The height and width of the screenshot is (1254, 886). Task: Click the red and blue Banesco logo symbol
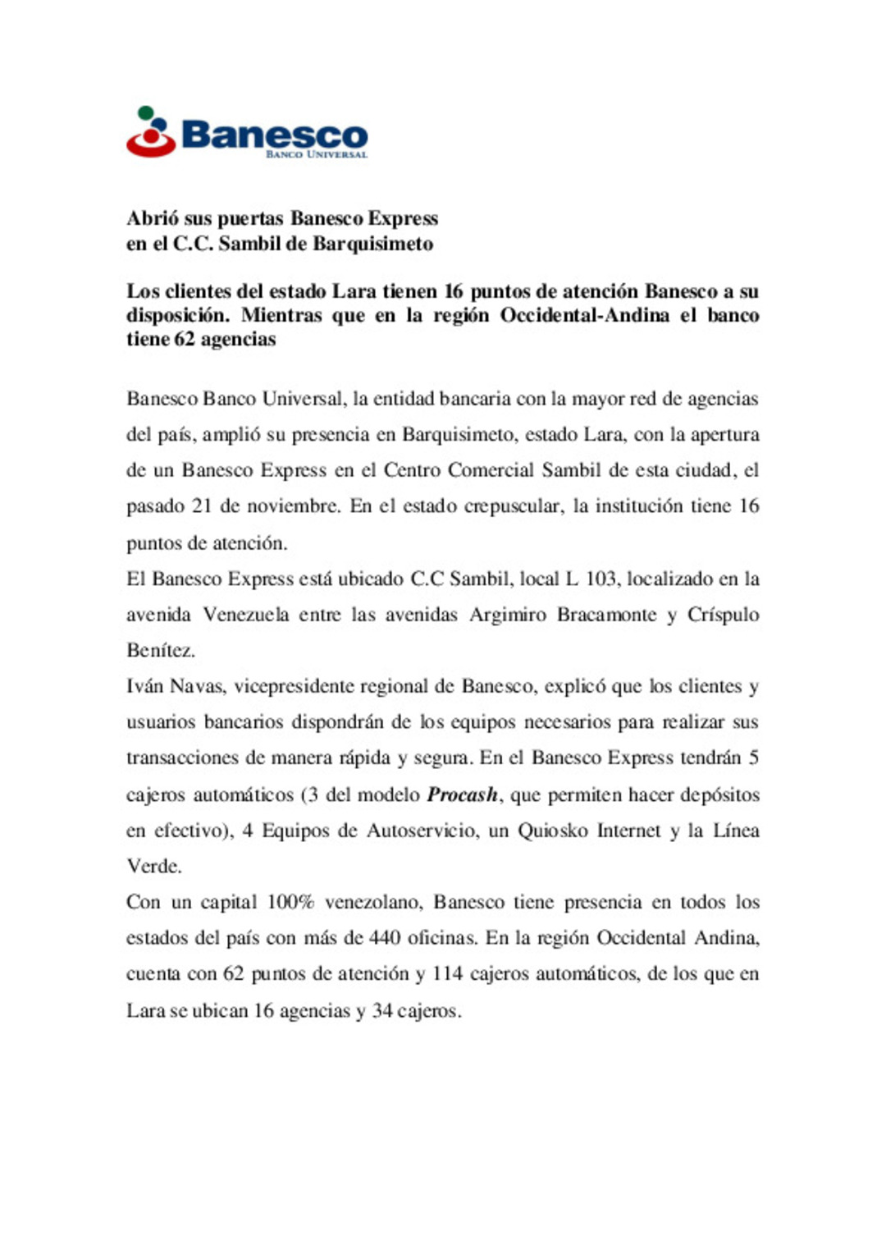tap(151, 132)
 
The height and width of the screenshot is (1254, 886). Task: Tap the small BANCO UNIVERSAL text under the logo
tap(317, 154)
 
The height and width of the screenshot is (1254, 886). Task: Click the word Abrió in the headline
tap(153, 218)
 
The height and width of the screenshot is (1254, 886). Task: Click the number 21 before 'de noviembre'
tap(202, 506)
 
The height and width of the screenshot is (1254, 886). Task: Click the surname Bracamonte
tap(606, 615)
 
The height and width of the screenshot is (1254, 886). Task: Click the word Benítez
tap(161, 651)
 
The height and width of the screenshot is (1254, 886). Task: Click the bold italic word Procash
tap(463, 794)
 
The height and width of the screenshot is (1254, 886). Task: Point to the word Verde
tap(153, 867)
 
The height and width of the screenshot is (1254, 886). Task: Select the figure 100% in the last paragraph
tap(290, 902)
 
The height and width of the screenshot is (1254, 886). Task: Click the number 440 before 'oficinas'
tap(385, 938)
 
